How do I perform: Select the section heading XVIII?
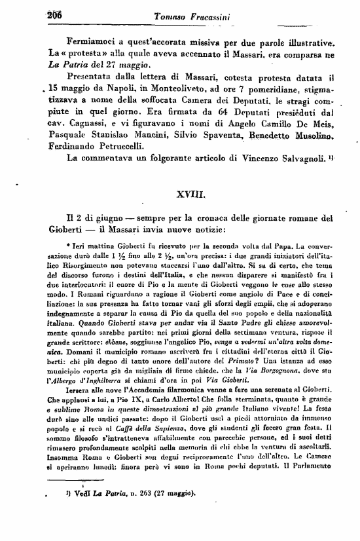[x=194, y=195]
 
